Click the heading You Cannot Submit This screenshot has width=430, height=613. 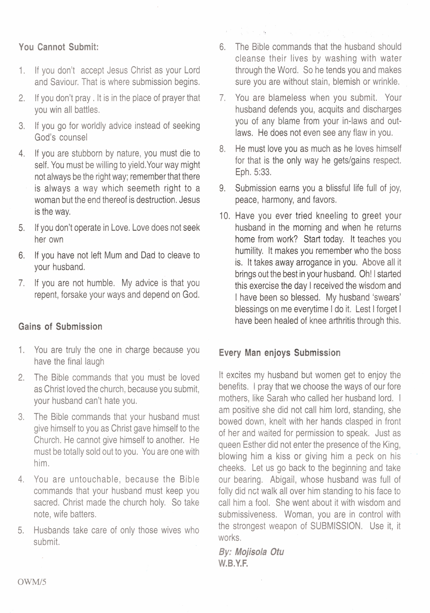(x=59, y=47)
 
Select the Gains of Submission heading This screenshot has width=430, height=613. (x=60, y=327)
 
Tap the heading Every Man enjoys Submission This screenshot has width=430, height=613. (x=279, y=353)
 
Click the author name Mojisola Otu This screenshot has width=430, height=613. (x=259, y=552)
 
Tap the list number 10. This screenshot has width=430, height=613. (x=224, y=216)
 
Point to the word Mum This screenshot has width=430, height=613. (x=113, y=255)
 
